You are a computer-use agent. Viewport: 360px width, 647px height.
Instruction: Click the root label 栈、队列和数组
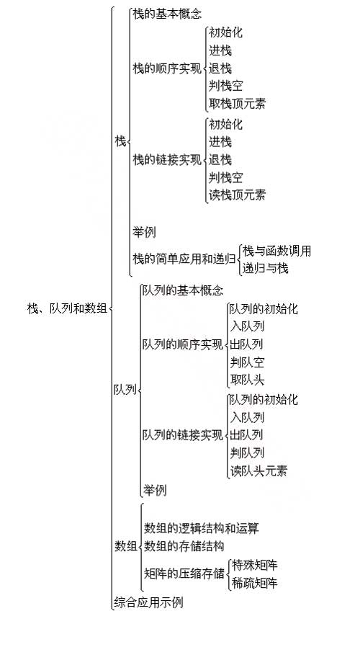point(67,308)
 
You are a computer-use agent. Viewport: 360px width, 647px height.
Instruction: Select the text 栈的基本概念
point(168,14)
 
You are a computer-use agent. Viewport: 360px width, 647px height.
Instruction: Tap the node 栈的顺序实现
point(167,68)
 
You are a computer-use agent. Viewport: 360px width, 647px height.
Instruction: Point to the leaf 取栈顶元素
point(237,104)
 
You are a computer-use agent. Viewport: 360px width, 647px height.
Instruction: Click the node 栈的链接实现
point(167,160)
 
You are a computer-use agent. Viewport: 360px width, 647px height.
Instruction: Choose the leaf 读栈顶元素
point(237,195)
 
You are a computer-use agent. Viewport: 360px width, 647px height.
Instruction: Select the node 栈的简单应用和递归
point(184,259)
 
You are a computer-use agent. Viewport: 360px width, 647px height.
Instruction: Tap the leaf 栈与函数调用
point(276,251)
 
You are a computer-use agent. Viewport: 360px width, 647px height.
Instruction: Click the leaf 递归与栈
point(265,269)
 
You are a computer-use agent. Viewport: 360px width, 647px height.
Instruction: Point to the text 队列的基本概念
point(183,290)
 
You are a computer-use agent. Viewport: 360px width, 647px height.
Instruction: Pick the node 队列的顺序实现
point(183,344)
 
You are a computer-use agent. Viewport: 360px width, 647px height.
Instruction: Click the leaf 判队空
point(247,362)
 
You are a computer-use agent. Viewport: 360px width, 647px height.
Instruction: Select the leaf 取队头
point(247,380)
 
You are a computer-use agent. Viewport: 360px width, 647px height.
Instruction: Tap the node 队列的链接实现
point(183,435)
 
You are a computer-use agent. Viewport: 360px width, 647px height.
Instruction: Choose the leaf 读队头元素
point(258,470)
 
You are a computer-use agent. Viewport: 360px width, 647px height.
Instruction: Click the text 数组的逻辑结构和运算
point(201,528)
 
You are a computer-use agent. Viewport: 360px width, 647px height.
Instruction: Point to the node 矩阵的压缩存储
point(184,574)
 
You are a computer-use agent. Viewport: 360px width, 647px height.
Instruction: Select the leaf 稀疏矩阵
point(254,583)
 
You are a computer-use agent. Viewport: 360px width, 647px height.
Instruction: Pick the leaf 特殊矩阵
point(254,565)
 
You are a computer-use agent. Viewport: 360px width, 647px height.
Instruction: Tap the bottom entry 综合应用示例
point(148,603)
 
